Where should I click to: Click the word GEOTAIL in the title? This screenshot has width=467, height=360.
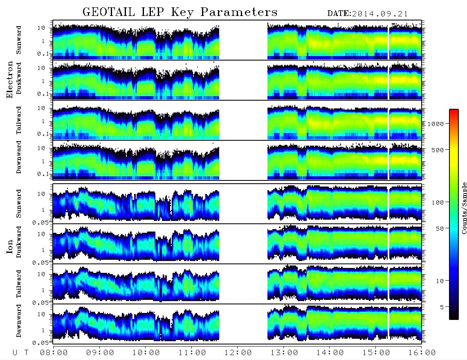[109, 12]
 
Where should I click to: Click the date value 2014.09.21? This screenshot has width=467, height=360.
[380, 14]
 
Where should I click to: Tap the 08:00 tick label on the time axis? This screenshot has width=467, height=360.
[54, 353]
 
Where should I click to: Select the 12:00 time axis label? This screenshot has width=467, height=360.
[238, 353]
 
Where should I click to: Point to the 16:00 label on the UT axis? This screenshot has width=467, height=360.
[422, 353]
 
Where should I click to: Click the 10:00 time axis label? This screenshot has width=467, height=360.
[146, 353]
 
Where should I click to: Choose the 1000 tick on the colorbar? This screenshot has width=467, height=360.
[436, 124]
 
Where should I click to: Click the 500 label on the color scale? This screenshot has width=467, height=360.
[438, 150]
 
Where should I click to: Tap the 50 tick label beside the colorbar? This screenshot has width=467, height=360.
[440, 229]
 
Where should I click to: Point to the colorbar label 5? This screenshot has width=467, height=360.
[442, 307]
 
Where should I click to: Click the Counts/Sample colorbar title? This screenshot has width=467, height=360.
[464, 208]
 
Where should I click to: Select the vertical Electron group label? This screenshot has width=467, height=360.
[10, 80]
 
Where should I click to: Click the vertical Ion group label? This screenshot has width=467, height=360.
[10, 247]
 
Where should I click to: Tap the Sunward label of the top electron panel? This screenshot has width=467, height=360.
[19, 40]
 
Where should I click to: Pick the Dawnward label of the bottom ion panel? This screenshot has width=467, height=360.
[19, 321]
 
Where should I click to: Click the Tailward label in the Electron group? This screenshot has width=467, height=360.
[19, 120]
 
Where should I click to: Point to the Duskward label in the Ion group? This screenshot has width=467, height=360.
[19, 242]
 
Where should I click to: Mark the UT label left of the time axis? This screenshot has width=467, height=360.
[20, 353]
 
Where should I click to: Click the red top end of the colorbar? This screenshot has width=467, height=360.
[454, 111]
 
